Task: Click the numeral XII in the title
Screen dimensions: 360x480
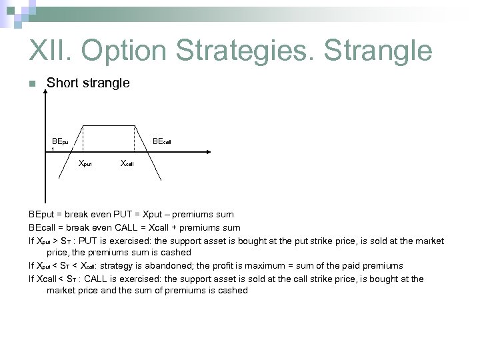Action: tap(50, 51)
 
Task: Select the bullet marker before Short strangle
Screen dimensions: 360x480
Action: tap(31, 84)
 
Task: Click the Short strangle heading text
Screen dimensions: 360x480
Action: tap(87, 83)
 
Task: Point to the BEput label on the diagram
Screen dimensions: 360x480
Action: tap(60, 141)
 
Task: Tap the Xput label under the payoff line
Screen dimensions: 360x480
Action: tap(85, 163)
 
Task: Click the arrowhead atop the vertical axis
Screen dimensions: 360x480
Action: tap(45, 91)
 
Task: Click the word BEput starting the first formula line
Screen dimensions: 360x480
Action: tap(42, 215)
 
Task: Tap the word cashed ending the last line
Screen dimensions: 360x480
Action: tap(232, 291)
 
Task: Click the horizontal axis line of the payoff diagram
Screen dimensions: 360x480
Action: tap(107, 151)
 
